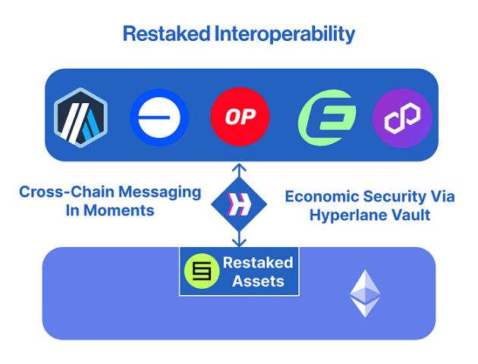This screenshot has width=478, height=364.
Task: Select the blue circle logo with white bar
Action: (x=159, y=118)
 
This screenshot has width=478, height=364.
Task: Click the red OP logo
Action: (x=240, y=118)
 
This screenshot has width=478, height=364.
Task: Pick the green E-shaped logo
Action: (x=326, y=118)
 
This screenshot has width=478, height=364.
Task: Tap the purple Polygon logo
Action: (x=402, y=118)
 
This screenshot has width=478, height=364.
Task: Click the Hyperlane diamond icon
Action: (x=240, y=204)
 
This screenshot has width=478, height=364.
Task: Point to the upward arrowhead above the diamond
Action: (x=240, y=166)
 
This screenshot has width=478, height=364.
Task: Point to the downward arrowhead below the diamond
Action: (x=240, y=243)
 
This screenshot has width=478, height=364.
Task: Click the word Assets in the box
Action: (x=258, y=281)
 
